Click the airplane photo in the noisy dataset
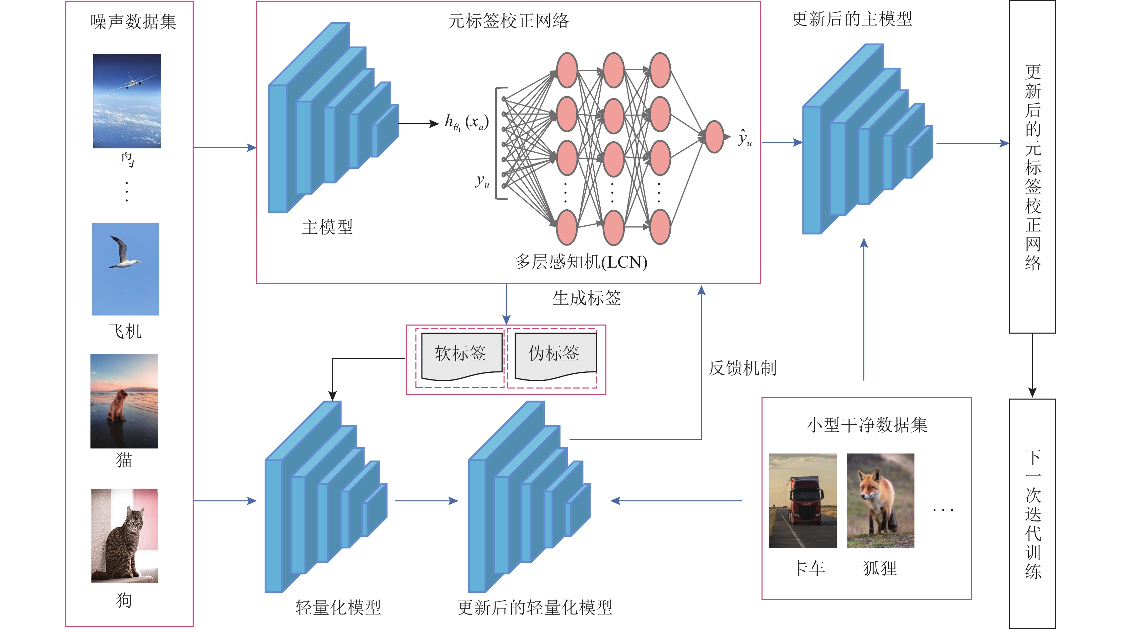coord(127,101)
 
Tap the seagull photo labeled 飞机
coord(125,269)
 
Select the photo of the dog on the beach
coord(124,401)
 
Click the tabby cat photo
coord(124,536)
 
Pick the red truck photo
coord(802,501)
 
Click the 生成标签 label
coord(587,298)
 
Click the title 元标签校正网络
coord(508,21)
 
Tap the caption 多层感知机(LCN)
coord(581,262)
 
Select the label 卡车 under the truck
coord(808,568)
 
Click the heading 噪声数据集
coord(133,22)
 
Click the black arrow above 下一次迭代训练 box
coord(1032,365)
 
